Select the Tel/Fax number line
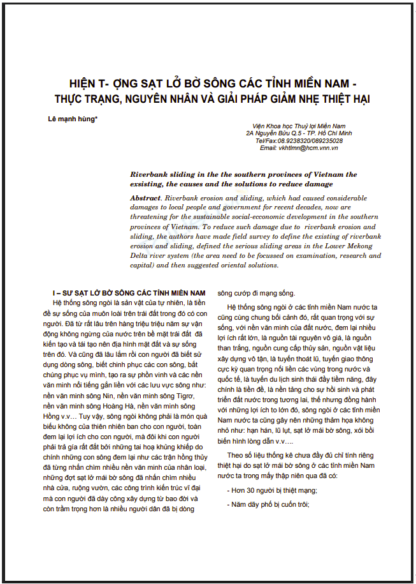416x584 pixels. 299,140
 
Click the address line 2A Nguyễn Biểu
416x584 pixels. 298,133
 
